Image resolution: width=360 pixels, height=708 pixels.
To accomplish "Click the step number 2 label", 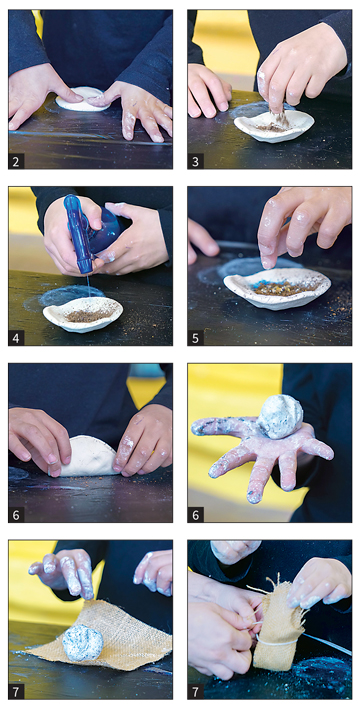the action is click(16, 161).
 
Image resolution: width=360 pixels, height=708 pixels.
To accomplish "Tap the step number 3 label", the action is click(195, 161).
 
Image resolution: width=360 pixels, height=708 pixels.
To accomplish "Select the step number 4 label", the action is click(16, 338).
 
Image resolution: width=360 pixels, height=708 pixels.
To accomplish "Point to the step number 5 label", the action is click(195, 338).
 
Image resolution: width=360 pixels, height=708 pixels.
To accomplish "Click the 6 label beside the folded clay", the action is click(16, 515).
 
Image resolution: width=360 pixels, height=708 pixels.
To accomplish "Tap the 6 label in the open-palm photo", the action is click(195, 515).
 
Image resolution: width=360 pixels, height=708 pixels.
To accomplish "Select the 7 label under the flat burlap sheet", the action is click(16, 691).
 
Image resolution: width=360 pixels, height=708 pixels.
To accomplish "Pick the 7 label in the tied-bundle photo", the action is click(195, 691).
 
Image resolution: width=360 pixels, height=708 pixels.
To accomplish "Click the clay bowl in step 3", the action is click(274, 125).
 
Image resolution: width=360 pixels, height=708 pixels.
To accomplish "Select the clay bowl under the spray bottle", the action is click(83, 313).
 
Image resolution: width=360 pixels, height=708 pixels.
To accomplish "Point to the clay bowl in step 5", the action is click(276, 287).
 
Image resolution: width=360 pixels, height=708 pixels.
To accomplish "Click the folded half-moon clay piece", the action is click(89, 457).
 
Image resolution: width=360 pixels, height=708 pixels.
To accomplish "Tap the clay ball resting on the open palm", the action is click(280, 416).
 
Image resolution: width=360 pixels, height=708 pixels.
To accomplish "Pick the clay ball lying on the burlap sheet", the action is click(82, 643).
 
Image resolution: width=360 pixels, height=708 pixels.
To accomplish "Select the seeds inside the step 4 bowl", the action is click(87, 315).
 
